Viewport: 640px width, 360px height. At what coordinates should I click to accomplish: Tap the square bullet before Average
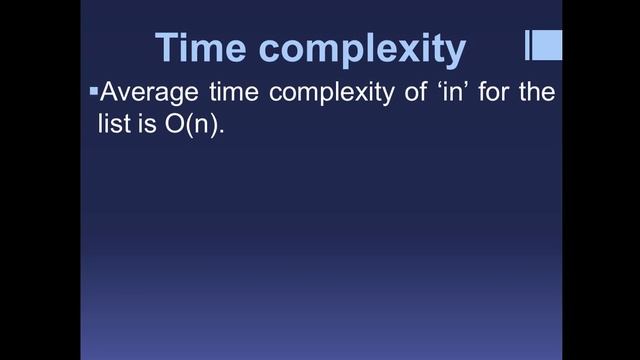(x=94, y=92)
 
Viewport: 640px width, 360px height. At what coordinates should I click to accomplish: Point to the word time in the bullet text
(x=231, y=95)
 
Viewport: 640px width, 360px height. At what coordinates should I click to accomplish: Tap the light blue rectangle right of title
(x=547, y=45)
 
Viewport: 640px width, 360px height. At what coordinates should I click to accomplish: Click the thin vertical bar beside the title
(x=528, y=45)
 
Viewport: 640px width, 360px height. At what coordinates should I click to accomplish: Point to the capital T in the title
(x=168, y=48)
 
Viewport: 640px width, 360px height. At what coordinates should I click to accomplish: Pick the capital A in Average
(x=110, y=95)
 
